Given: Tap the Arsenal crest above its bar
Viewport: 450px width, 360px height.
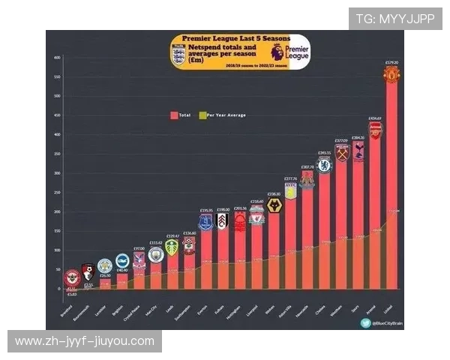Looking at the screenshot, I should pyautogui.click(x=375, y=130).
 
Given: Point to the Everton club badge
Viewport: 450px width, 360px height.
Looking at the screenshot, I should pyautogui.click(x=205, y=222).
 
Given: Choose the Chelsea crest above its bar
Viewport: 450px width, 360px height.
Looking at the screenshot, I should pyautogui.click(x=324, y=165).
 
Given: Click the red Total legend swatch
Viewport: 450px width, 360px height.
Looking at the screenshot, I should pyautogui.click(x=174, y=115).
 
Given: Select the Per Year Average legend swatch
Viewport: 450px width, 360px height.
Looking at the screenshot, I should pyautogui.click(x=202, y=115).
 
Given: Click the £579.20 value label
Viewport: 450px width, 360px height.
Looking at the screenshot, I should pyautogui.click(x=391, y=62).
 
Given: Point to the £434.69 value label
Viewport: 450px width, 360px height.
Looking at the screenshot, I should pyautogui.click(x=375, y=118).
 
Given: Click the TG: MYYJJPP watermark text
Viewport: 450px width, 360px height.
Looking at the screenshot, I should pyautogui.click(x=394, y=19).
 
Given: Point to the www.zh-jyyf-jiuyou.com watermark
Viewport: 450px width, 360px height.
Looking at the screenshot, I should pyautogui.click(x=84, y=341).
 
